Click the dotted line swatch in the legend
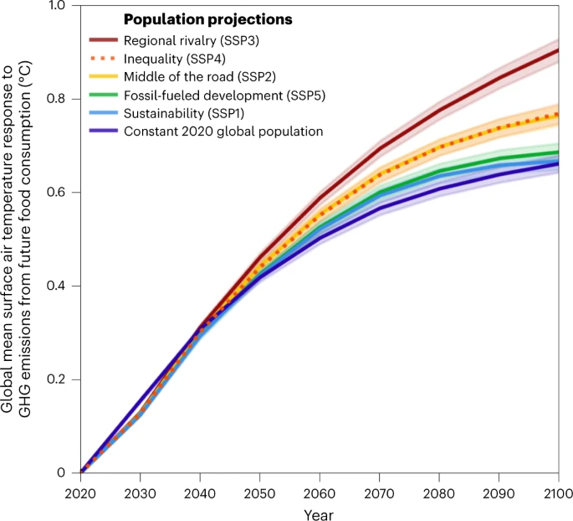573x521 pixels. click(x=104, y=57)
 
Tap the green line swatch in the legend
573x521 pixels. click(x=104, y=95)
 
